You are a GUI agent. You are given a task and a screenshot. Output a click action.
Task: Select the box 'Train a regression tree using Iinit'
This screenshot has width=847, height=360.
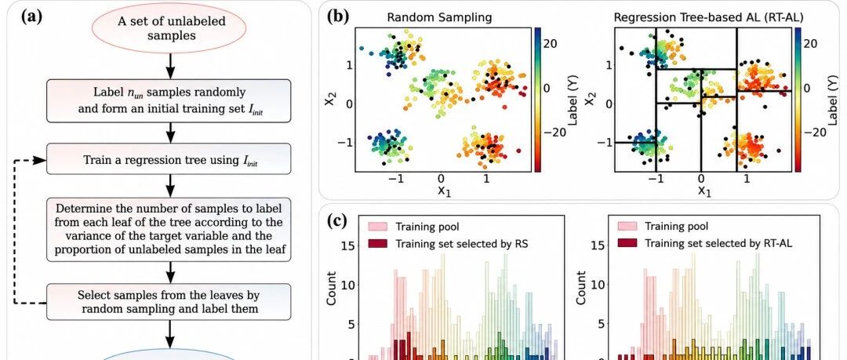pos(169,159)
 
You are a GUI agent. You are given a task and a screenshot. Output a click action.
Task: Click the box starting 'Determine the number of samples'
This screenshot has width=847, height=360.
pos(169,230)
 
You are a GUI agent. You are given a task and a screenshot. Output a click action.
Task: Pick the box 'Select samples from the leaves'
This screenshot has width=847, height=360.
pos(169,302)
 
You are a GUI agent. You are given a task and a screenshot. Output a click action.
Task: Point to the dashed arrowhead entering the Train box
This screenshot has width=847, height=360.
pos(39,160)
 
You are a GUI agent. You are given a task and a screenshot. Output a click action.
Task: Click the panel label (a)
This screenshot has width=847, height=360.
pos(31,16)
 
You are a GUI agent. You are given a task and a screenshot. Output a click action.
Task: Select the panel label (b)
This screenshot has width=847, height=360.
pos(337,16)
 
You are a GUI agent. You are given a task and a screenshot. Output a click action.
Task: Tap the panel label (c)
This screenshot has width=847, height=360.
pos(337,220)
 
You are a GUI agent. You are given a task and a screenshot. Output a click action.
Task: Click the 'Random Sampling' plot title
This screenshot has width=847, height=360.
pos(440,17)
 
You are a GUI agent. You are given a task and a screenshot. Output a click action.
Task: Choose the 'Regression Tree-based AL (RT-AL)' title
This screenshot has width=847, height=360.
pos(708,17)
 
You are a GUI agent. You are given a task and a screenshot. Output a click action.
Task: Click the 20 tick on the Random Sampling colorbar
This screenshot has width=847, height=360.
pos(551,45)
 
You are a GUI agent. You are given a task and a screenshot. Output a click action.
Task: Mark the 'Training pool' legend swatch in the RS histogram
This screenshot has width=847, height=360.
pos(377,226)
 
